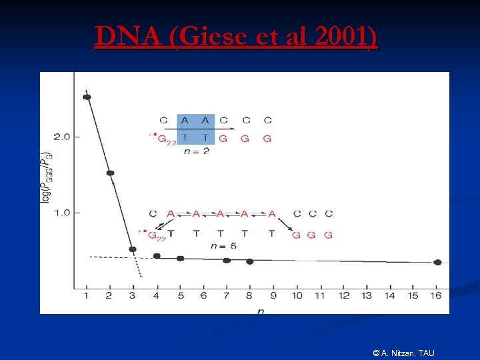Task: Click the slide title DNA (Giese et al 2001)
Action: pos(236,37)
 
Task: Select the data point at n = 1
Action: pos(87,97)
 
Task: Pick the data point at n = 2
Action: pos(110,173)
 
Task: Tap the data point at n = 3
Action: pos(133,249)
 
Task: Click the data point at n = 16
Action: pos(437,262)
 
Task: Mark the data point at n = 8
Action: pos(249,261)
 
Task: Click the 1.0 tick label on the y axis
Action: pos(61,213)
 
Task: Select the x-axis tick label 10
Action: pos(297,295)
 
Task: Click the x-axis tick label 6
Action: pos(203,295)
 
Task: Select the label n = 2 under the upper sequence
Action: pos(196,151)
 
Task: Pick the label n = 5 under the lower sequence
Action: pos(223,246)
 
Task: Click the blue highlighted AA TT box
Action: pos(196,129)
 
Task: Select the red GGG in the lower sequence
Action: pos(311,235)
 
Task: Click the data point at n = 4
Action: pos(157,256)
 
